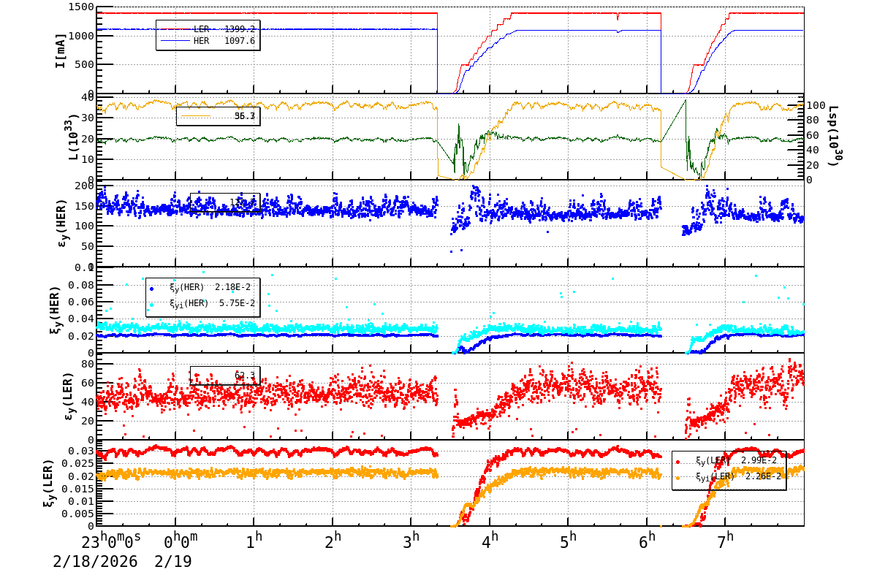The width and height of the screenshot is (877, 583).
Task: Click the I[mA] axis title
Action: (60, 50)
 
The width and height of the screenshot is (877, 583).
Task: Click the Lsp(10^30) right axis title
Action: (832, 137)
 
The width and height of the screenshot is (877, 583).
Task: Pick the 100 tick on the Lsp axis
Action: (816, 105)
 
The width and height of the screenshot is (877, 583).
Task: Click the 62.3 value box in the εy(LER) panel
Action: (225, 376)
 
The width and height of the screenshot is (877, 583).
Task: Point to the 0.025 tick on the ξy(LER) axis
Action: (80, 464)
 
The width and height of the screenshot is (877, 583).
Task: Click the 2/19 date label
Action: (173, 562)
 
